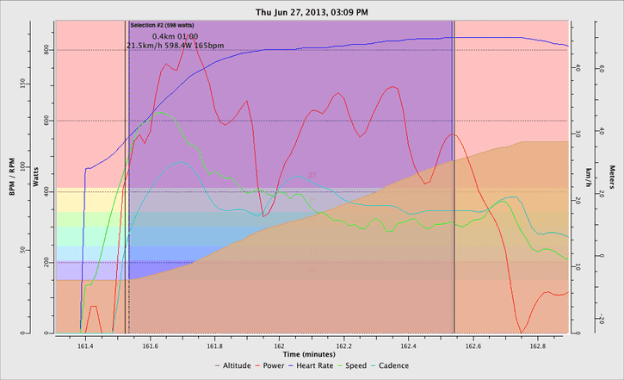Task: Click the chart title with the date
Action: (312, 13)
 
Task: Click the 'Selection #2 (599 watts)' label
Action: (161, 27)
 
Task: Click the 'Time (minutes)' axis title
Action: (312, 353)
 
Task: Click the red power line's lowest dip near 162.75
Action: (521, 332)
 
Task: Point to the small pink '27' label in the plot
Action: (312, 175)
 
